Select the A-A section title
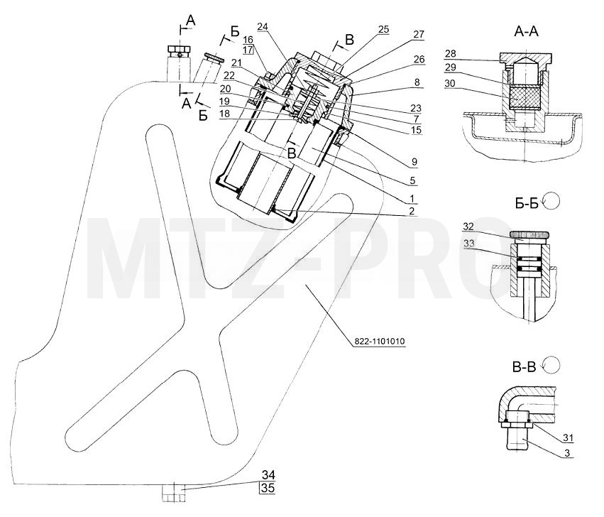click(526, 32)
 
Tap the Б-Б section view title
click(527, 203)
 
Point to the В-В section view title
click(525, 367)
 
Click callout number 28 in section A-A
click(450, 53)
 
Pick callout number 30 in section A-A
click(450, 83)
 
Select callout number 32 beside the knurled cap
click(468, 227)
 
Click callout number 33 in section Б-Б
click(469, 244)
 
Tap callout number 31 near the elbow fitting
click(569, 438)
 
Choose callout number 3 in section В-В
click(567, 453)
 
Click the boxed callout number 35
click(268, 488)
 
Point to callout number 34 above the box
click(268, 475)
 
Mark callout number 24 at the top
click(263, 26)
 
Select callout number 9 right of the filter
click(414, 161)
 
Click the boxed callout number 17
click(248, 50)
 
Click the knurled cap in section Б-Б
click(529, 235)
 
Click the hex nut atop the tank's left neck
click(178, 50)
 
